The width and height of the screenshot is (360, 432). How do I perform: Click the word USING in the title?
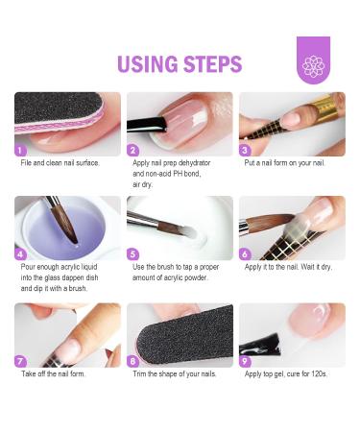[x=147, y=64]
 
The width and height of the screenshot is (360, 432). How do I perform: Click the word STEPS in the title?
[x=210, y=64]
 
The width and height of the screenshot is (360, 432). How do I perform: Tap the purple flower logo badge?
[x=313, y=61]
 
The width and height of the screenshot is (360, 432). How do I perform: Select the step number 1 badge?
[x=21, y=150]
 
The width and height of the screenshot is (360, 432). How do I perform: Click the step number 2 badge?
[x=133, y=150]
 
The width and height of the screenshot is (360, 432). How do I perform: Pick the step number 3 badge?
[x=246, y=150]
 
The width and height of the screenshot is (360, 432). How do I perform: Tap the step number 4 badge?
[x=21, y=255]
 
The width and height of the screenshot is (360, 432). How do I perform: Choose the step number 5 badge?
[x=133, y=255]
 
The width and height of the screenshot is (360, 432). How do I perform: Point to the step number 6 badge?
[x=246, y=255]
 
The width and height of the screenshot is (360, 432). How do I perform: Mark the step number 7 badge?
[x=21, y=361]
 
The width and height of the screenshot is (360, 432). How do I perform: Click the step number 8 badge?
[x=133, y=361]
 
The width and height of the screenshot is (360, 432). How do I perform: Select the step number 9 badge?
[x=246, y=361]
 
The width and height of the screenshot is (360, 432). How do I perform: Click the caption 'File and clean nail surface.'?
[x=60, y=163]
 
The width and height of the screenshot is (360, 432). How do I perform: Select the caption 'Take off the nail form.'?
[x=54, y=373]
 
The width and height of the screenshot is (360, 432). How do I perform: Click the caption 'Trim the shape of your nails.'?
[x=174, y=373]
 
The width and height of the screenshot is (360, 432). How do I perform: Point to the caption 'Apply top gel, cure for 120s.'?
[x=286, y=373]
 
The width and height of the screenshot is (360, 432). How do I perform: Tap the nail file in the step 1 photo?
[x=58, y=110]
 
